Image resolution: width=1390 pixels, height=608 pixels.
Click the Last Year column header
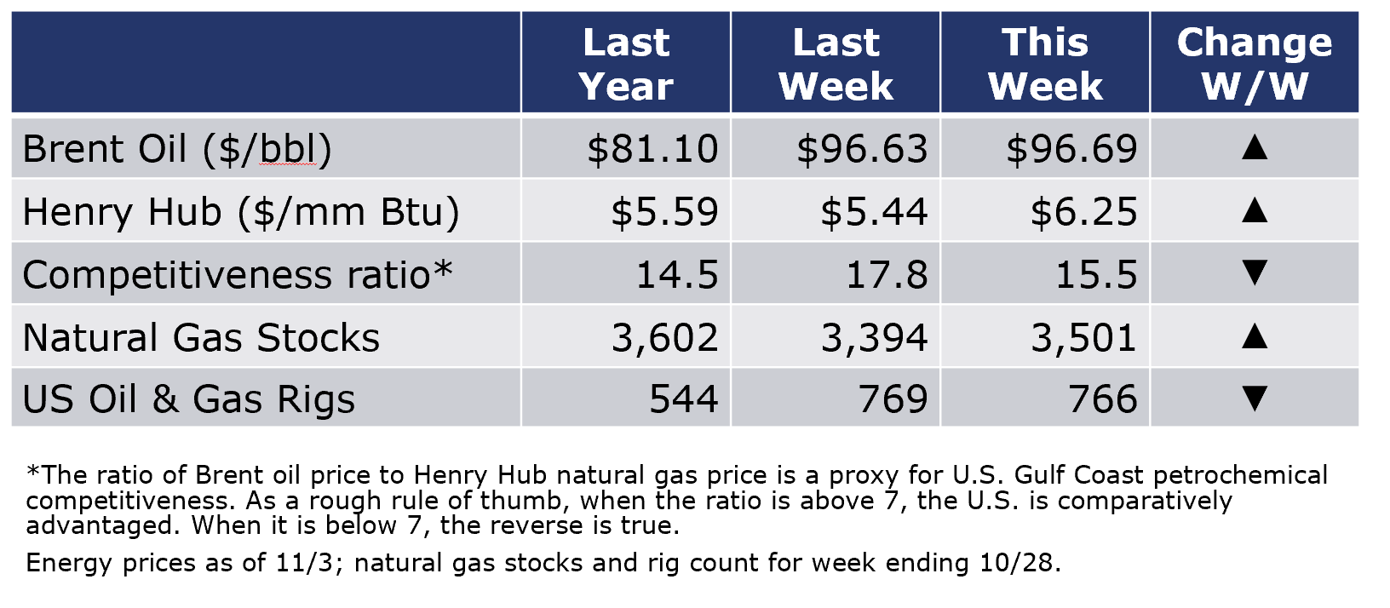click(626, 64)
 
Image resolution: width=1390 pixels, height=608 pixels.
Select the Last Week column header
click(836, 64)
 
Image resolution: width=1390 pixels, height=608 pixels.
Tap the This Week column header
click(1046, 64)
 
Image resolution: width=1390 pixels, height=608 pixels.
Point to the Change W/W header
click(1255, 64)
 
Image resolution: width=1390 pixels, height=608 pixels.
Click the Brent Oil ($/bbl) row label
click(177, 150)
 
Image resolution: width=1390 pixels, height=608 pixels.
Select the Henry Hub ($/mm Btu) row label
click(241, 212)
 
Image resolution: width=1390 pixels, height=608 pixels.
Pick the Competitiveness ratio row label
click(237, 274)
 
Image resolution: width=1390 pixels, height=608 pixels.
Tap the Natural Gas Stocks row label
click(201, 338)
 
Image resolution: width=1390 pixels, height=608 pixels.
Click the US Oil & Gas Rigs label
click(188, 399)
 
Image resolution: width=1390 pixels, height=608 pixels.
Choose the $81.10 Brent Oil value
click(652, 150)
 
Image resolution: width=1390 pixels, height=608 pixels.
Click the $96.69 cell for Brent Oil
click(1071, 150)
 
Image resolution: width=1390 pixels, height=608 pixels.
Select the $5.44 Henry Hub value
click(875, 212)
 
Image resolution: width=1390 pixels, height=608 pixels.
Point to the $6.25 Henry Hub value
click(1084, 212)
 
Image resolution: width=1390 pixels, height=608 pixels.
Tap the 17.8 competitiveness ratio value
click(887, 275)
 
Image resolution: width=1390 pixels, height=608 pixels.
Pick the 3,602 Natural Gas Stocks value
click(664, 338)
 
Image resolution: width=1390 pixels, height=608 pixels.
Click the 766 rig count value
click(1103, 399)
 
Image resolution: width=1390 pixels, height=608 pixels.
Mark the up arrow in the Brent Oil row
click(1254, 147)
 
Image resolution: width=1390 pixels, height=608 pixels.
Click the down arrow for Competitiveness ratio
click(1254, 273)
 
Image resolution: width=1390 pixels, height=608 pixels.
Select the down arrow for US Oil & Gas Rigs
click(1254, 399)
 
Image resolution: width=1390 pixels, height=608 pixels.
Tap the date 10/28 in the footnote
click(1015, 564)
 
